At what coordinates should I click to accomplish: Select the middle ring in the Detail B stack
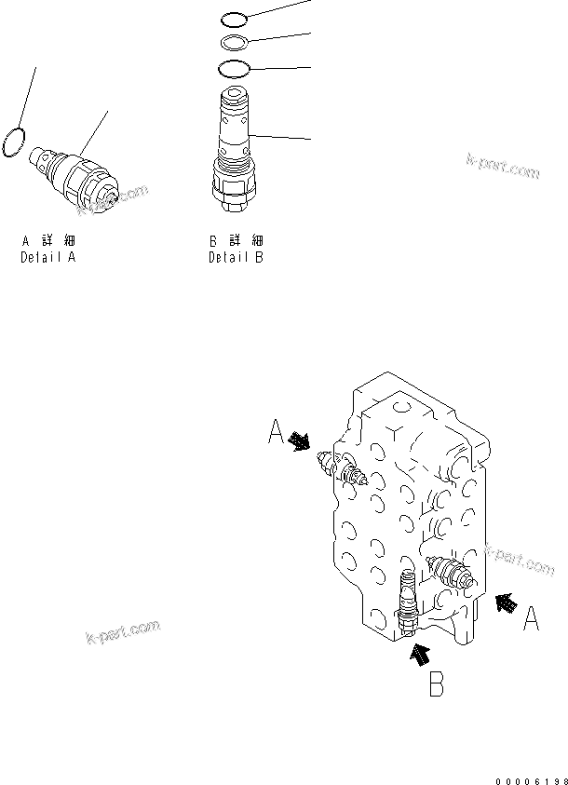point(235,41)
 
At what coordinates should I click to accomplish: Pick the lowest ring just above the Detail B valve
point(234,68)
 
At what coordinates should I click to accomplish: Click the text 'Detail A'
point(47,257)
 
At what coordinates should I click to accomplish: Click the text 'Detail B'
point(236,257)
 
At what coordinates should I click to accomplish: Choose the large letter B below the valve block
point(436,686)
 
